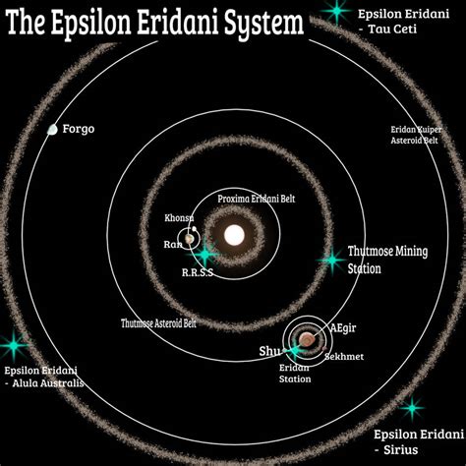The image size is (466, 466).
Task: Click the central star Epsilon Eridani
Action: click(x=234, y=235)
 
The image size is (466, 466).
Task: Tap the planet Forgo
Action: click(x=52, y=130)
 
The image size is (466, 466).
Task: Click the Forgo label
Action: click(x=79, y=129)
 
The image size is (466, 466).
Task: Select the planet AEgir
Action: click(x=307, y=339)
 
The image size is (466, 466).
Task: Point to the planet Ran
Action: click(x=189, y=239)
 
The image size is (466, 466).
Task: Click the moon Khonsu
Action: click(x=195, y=229)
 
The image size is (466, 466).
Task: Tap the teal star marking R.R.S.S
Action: click(x=204, y=254)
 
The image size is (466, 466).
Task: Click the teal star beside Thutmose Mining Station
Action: click(x=332, y=261)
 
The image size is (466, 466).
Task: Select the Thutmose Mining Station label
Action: click(x=387, y=260)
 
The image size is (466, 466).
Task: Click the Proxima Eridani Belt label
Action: click(x=257, y=199)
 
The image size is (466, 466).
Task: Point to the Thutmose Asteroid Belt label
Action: click(x=158, y=323)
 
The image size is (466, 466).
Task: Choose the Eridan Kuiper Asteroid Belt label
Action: click(x=416, y=135)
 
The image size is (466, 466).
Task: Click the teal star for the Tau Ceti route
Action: click(x=336, y=11)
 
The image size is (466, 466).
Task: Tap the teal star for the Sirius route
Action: click(x=412, y=408)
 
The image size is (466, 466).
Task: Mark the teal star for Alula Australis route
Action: click(x=14, y=345)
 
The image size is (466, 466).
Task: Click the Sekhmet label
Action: click(x=344, y=357)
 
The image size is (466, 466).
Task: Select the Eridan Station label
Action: click(x=295, y=374)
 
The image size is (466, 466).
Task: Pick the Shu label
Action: click(x=270, y=351)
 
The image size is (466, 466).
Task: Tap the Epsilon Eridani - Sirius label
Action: click(x=419, y=442)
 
